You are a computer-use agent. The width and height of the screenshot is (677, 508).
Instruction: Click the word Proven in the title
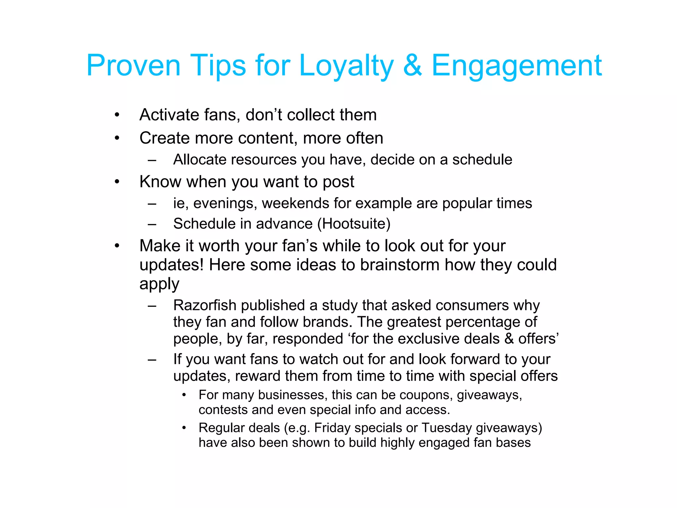[x=133, y=65]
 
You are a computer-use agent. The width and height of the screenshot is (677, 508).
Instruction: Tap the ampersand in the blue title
[x=412, y=65]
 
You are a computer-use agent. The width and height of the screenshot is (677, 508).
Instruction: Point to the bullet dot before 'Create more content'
[x=117, y=138]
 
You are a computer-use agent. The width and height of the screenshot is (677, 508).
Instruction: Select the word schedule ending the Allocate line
[x=482, y=160]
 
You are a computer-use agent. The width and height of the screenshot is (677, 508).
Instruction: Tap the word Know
[x=160, y=182]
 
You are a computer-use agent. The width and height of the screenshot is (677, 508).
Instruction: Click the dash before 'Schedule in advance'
[x=152, y=224]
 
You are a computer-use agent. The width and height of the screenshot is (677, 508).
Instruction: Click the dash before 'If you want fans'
[x=152, y=360]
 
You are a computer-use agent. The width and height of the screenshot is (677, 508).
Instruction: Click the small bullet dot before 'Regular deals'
[x=184, y=428]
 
